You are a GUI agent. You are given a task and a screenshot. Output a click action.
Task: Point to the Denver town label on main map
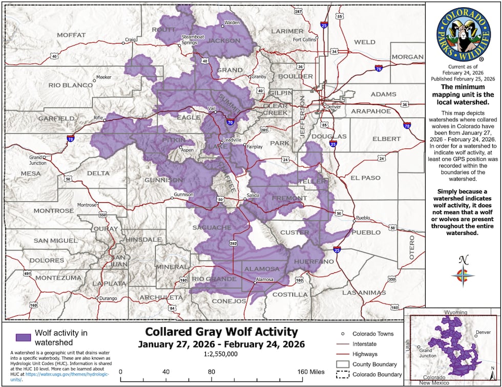(x=333, y=106)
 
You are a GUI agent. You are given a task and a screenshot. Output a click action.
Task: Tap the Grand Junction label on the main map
(x=35, y=160)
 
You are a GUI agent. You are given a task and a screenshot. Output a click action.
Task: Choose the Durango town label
(x=108, y=298)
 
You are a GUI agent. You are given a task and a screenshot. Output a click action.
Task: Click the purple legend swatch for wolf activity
(x=23, y=337)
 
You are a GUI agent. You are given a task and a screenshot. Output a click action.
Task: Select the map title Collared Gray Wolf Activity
(x=221, y=331)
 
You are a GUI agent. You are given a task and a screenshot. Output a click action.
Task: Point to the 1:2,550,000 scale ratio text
(x=221, y=354)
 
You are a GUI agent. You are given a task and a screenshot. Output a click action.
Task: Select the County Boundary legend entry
(x=374, y=364)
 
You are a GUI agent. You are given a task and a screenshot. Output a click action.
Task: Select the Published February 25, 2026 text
(x=463, y=79)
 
